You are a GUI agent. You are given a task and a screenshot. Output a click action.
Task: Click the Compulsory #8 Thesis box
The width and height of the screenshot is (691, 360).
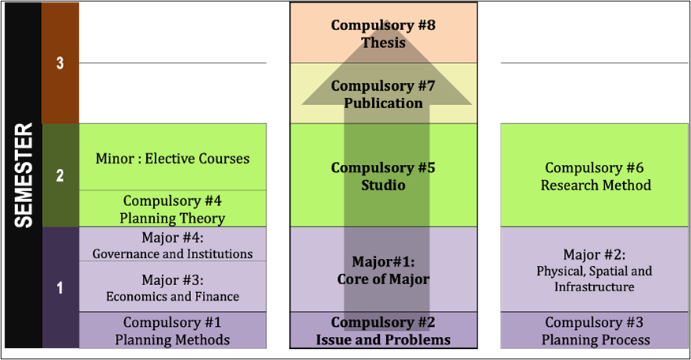(383, 33)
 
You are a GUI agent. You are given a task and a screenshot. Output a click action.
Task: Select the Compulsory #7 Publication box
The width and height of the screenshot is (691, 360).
(383, 94)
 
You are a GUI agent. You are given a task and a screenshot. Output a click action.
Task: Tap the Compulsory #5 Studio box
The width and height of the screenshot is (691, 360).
(383, 176)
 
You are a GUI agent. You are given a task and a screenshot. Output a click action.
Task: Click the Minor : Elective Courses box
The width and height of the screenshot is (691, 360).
(172, 158)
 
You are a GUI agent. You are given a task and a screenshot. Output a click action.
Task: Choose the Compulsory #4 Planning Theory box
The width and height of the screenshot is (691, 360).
(172, 209)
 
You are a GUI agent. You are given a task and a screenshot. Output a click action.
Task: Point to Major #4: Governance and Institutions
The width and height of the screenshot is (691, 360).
(172, 245)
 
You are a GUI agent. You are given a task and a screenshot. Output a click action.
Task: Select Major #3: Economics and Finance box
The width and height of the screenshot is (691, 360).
(172, 287)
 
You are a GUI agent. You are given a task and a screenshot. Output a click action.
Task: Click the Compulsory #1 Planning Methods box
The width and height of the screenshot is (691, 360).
(172, 331)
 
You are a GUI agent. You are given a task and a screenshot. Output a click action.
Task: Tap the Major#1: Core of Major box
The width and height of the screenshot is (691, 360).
(383, 269)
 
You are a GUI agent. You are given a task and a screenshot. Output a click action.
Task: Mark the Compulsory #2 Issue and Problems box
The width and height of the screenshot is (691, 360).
(383, 331)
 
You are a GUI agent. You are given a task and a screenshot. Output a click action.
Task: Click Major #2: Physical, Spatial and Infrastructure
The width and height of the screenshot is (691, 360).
(595, 269)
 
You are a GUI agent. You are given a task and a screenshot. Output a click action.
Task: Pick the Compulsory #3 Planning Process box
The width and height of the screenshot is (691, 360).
(595, 331)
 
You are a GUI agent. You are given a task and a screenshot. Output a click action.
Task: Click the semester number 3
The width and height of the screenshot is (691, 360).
(60, 64)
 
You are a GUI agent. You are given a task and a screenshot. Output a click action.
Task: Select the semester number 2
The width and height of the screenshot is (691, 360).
(60, 176)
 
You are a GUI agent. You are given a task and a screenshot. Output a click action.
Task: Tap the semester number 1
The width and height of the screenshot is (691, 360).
(60, 288)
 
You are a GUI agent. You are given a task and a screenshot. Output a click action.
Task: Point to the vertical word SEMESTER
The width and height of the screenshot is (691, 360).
(24, 175)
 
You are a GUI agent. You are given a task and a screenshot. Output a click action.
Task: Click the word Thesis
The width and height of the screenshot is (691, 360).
(383, 43)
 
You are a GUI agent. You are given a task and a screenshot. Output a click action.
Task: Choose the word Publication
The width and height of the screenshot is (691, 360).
(383, 103)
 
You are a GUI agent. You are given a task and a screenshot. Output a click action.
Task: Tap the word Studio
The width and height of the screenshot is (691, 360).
(383, 186)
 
